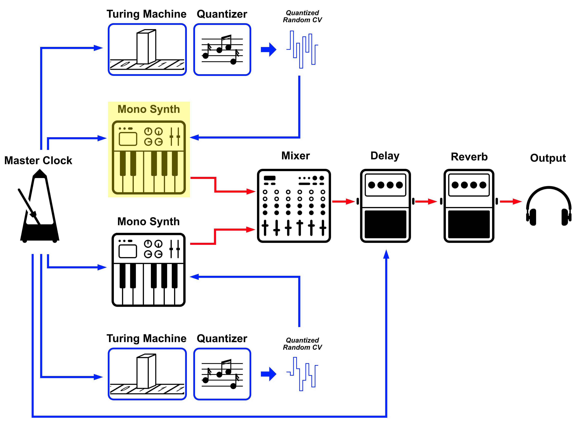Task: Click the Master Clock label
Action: tap(38, 160)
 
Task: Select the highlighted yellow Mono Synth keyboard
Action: tap(149, 157)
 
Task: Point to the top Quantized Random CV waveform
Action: tap(302, 49)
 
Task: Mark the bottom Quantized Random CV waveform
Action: tap(302, 374)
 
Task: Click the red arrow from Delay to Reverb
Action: tap(426, 201)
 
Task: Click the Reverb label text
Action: tap(469, 157)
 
